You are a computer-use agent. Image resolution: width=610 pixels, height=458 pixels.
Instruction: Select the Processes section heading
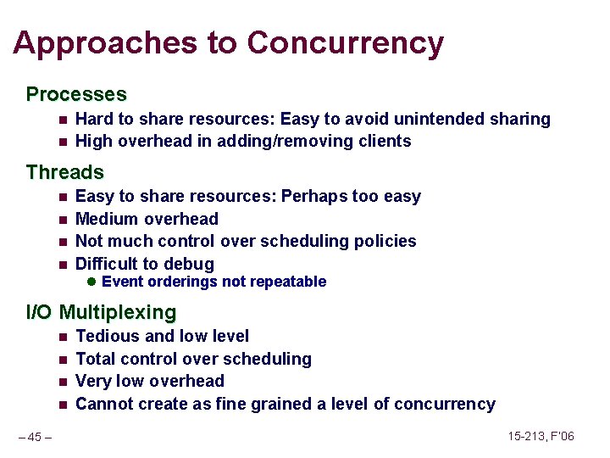[76, 94]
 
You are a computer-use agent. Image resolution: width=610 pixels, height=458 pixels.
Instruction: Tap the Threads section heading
[64, 172]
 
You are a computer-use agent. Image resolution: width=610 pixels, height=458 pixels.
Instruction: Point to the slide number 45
[35, 438]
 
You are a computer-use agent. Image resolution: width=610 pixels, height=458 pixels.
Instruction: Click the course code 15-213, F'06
[541, 437]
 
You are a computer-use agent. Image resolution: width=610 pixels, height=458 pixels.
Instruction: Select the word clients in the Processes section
[383, 141]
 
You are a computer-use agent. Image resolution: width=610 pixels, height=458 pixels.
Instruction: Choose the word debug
[190, 264]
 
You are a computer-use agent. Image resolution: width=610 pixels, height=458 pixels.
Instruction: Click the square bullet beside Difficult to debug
[63, 264]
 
